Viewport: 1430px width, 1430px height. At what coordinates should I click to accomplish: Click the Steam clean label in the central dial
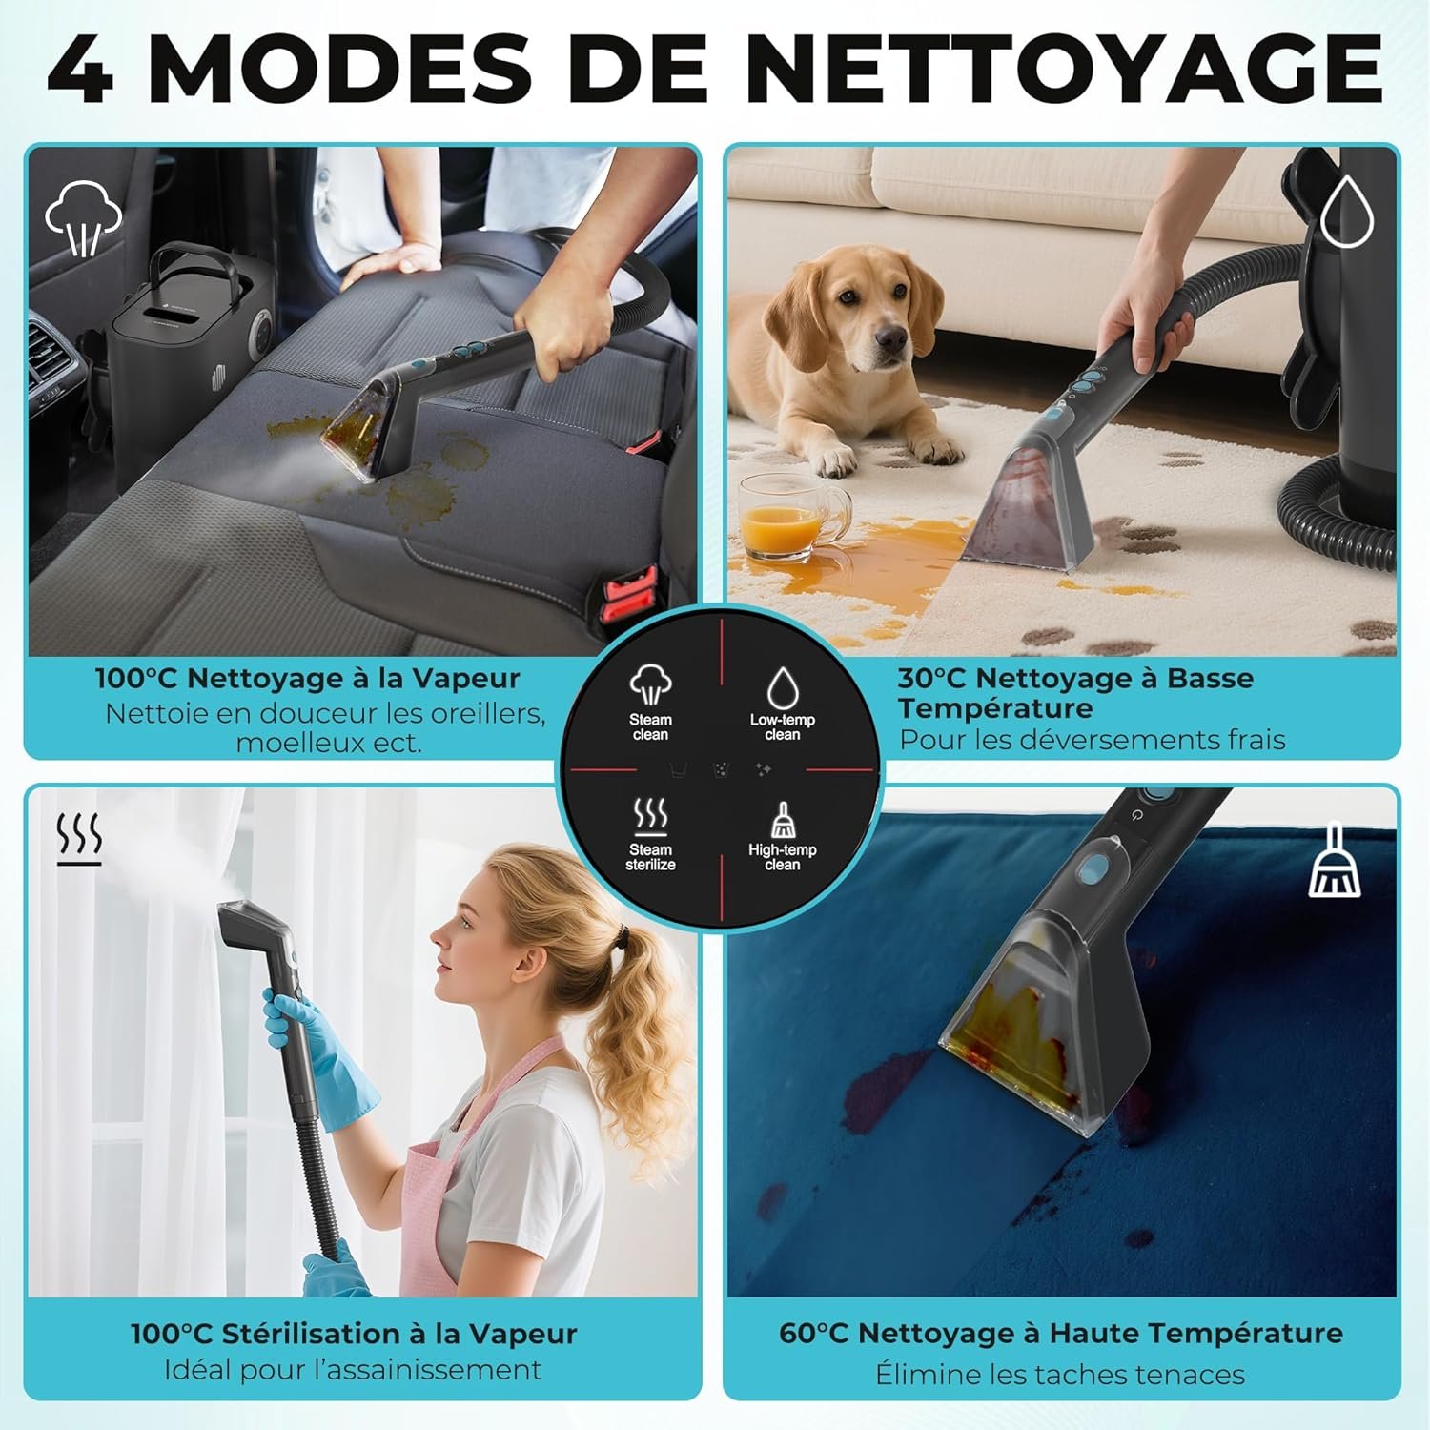(650, 727)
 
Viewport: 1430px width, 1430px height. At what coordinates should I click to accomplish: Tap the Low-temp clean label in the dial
(782, 727)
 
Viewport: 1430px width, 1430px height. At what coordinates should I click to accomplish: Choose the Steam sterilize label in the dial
(650, 857)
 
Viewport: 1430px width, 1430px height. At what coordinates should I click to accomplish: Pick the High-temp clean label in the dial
(782, 857)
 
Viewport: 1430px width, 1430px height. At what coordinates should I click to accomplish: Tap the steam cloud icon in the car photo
(84, 217)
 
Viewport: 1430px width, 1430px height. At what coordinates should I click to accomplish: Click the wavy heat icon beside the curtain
(79, 839)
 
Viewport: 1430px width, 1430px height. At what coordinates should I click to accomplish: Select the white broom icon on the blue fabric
(1335, 862)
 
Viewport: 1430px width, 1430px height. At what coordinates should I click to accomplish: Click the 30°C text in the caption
(931, 679)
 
